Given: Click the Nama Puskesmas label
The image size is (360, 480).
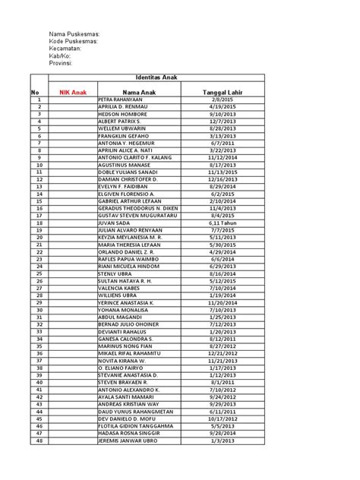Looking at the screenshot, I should (74, 35).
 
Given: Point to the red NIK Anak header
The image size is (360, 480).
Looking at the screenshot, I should (74, 92).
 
